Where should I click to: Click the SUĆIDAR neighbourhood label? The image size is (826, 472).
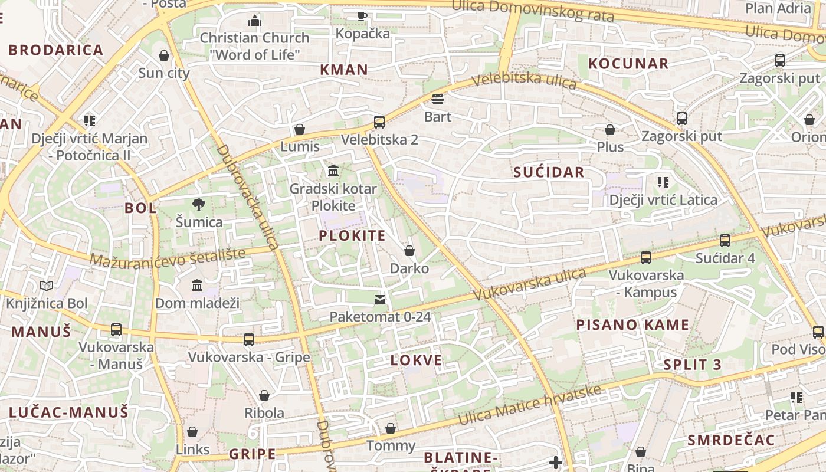[x=549, y=172]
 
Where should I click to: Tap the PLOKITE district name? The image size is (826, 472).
[x=352, y=236]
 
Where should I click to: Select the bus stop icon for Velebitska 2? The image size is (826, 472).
[x=379, y=122]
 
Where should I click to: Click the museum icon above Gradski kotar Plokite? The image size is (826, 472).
[x=333, y=171]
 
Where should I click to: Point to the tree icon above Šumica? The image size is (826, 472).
[x=199, y=205]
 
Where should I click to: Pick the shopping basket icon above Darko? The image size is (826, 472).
[x=409, y=251]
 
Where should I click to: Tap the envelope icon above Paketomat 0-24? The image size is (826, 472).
[x=380, y=300]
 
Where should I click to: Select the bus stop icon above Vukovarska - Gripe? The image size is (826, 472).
[x=249, y=340]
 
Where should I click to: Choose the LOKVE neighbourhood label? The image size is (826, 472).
[x=416, y=360]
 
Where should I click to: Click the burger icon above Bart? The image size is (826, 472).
[x=438, y=99]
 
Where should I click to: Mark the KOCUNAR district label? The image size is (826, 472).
[x=628, y=64]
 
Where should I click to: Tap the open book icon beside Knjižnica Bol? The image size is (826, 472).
[x=47, y=286]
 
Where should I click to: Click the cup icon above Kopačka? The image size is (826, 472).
[x=362, y=16]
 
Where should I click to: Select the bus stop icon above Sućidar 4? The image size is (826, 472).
[x=725, y=241]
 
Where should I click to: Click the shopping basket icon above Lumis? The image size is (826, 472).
[x=300, y=129]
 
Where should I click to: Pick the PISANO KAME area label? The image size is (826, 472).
[x=632, y=324]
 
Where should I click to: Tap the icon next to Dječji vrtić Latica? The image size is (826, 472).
[x=663, y=182]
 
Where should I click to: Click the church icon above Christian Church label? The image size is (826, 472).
[x=255, y=21]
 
